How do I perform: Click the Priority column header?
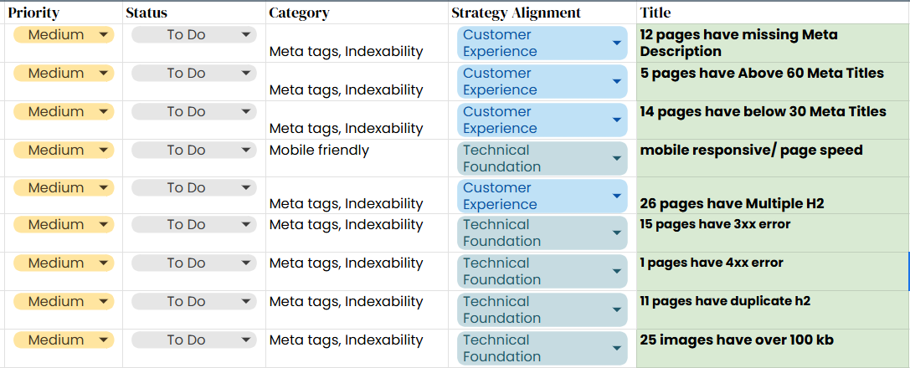(33, 13)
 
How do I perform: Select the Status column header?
(147, 13)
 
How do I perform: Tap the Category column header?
(299, 13)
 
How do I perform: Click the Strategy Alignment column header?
(516, 13)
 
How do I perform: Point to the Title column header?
(656, 13)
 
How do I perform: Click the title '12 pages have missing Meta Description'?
(738, 43)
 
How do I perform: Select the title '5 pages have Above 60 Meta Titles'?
(762, 73)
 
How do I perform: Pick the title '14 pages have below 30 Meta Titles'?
(763, 111)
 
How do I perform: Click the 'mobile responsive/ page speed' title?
(751, 151)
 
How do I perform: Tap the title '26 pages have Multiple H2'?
(732, 203)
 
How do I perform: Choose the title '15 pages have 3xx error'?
(715, 223)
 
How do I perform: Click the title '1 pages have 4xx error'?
(712, 263)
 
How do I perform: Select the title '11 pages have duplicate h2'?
(725, 301)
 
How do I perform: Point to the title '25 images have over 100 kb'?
(737, 340)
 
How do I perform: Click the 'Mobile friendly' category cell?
(319, 151)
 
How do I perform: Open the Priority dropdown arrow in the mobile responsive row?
(103, 150)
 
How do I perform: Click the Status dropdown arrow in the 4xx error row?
(246, 263)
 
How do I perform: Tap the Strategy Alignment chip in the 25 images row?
(542, 348)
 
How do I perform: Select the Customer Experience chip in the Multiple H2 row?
(542, 196)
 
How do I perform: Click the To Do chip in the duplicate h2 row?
(194, 301)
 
